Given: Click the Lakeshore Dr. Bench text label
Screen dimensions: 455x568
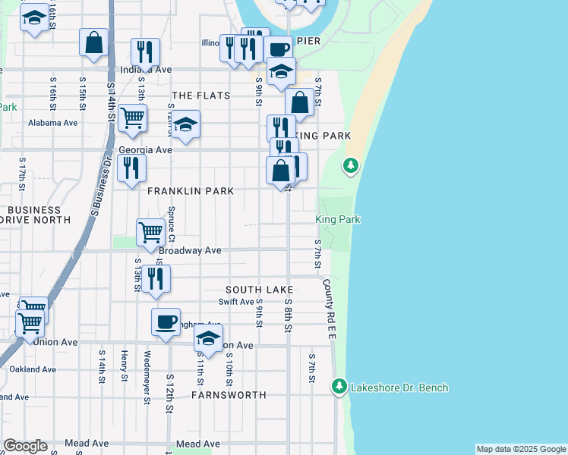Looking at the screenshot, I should click(399, 388).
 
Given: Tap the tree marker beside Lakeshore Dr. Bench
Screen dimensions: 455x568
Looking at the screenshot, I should click(339, 387).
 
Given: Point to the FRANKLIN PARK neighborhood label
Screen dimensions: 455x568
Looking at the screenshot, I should click(191, 191).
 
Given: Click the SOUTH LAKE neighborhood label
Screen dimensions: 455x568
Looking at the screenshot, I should click(259, 290).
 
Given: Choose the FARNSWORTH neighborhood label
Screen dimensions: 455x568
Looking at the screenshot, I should click(229, 395).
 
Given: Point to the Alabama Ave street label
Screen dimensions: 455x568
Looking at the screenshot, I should click(53, 123).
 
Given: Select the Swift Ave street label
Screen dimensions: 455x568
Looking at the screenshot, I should click(236, 302).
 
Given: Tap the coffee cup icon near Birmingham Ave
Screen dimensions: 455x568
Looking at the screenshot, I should click(166, 322).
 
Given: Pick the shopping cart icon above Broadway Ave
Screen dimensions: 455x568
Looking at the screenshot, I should click(150, 232).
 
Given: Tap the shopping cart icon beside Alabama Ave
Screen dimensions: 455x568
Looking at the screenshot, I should click(133, 119).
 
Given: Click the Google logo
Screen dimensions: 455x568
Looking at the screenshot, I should click(25, 446).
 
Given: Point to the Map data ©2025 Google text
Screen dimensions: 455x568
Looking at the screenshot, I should click(521, 449).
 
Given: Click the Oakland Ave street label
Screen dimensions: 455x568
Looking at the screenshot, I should click(33, 369).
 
